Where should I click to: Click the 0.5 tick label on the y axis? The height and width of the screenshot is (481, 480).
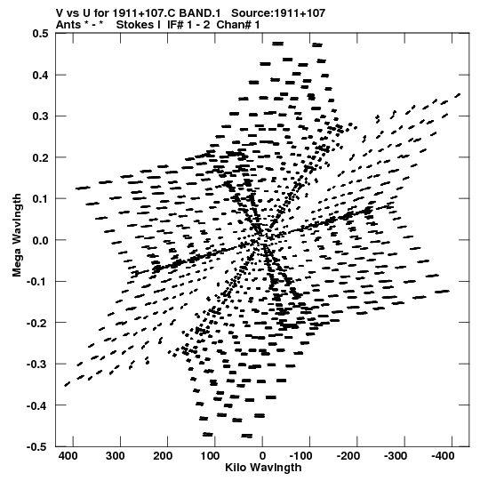[x=40, y=34]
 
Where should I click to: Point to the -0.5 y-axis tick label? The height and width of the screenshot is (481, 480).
[x=37, y=447]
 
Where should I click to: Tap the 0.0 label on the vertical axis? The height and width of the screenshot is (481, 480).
[x=40, y=240]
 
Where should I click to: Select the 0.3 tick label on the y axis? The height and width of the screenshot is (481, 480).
[x=40, y=116]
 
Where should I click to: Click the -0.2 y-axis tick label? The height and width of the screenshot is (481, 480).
[x=37, y=323]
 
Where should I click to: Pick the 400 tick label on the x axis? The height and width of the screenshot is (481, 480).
[x=68, y=456]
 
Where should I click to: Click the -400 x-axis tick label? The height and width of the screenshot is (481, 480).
[x=443, y=456]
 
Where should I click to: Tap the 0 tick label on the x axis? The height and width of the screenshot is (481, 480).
[x=262, y=456]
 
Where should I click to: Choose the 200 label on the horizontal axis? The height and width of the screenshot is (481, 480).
[x=163, y=456]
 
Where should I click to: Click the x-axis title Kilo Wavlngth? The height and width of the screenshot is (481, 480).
[x=263, y=468]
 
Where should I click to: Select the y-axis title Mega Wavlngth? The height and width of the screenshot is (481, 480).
[x=17, y=236]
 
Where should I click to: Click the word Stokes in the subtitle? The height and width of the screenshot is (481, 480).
[x=134, y=25]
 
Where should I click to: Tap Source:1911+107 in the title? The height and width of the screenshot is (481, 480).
[x=278, y=13]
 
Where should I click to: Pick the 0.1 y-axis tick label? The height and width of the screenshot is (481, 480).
[x=40, y=199]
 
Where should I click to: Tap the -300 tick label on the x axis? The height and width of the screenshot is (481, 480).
[x=396, y=456]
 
